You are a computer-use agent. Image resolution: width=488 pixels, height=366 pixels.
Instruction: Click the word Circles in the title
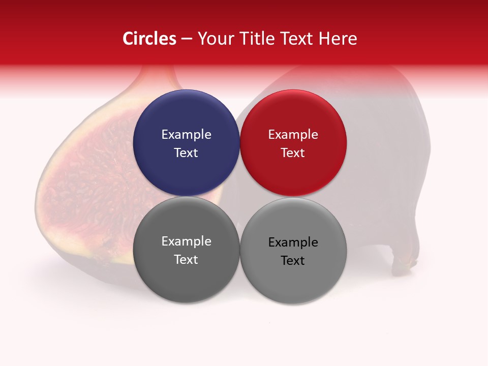click(x=149, y=39)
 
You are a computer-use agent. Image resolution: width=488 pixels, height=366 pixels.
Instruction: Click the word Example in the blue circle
click(x=186, y=135)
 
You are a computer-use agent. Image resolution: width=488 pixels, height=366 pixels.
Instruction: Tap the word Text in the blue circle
click(x=186, y=153)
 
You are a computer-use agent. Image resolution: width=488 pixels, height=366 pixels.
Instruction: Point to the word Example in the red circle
click(x=293, y=135)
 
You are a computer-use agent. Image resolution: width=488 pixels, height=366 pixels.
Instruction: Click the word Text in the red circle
click(x=293, y=153)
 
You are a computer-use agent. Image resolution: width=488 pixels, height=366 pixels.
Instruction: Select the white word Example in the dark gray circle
click(x=186, y=241)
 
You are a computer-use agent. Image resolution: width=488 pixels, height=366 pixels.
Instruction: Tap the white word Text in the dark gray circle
click(x=186, y=260)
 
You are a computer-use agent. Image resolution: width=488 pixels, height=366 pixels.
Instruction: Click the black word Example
click(x=293, y=242)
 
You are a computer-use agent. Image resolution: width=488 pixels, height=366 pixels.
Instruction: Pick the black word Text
click(x=293, y=261)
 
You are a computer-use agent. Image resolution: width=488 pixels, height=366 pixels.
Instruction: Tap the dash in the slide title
click(x=187, y=39)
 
